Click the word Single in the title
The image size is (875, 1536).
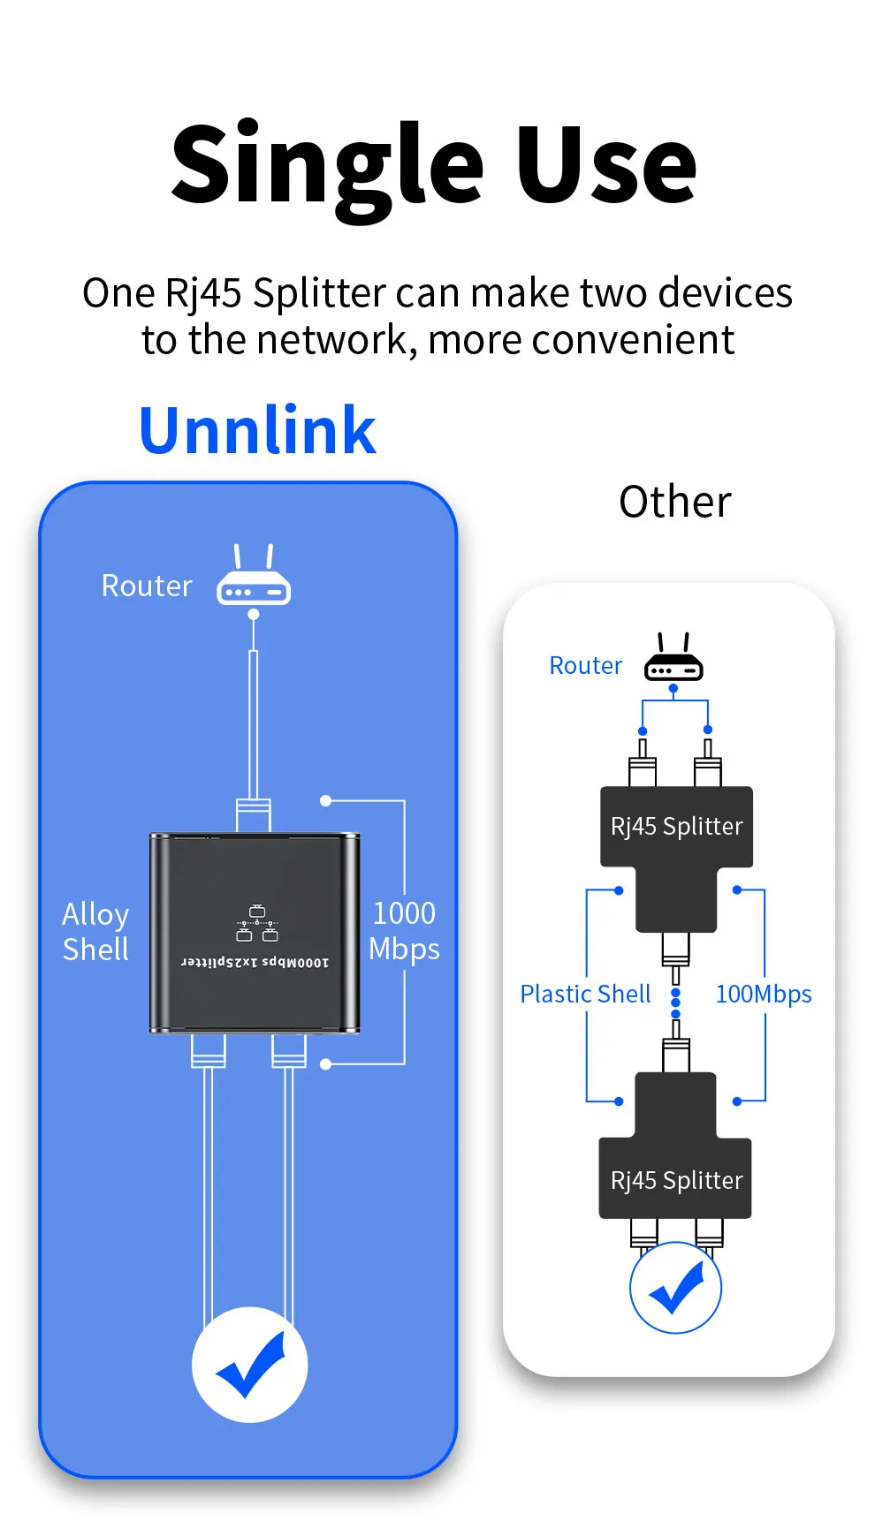point(327,165)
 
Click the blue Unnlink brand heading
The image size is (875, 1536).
point(257,430)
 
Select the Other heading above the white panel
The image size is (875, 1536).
point(675,502)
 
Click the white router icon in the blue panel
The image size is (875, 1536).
point(254,578)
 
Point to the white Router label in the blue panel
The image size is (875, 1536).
point(147,586)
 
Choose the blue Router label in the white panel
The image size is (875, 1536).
point(585,665)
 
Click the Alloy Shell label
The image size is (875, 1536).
point(95,931)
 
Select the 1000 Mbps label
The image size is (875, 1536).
point(404,931)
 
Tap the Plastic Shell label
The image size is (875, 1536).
point(585,994)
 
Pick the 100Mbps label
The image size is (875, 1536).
point(763,994)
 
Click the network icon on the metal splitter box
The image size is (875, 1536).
point(256,923)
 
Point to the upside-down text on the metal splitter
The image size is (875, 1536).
point(255,962)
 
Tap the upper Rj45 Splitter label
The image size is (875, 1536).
point(676,826)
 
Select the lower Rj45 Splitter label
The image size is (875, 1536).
point(676,1180)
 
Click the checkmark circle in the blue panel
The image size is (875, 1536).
point(250,1364)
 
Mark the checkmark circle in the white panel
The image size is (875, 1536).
point(676,1287)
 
